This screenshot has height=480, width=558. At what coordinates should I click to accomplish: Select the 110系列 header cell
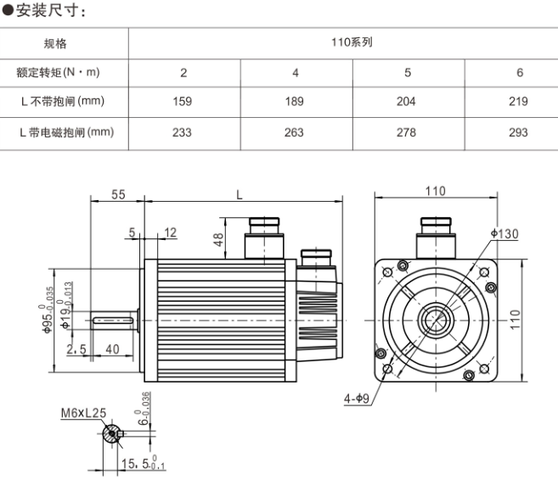click(351, 42)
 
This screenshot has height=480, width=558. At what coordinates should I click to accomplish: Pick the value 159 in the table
click(183, 102)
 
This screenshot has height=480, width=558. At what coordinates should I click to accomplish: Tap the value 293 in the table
click(519, 132)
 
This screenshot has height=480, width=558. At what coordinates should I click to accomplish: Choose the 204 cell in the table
click(406, 102)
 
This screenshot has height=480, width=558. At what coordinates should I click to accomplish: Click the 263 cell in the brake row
click(295, 132)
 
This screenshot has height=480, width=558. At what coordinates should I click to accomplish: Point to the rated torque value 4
click(295, 73)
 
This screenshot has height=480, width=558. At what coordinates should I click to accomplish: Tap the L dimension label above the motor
click(240, 194)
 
